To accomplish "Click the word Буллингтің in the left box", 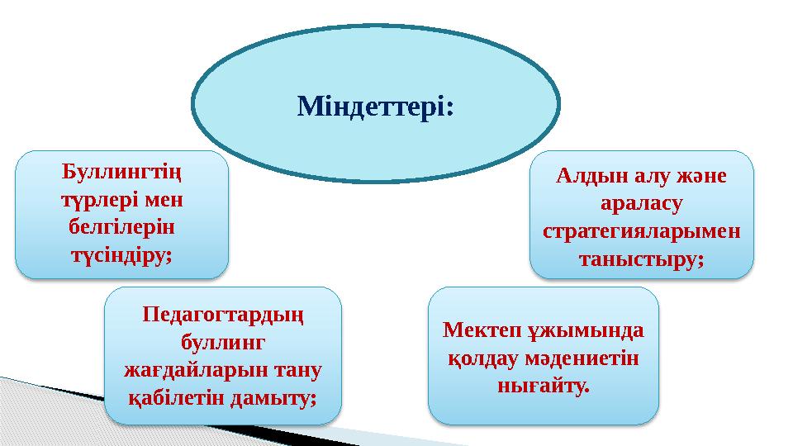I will (122, 173).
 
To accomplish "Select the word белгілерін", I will (122, 227).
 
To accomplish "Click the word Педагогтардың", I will (222, 314).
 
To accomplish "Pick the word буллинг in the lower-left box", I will (222, 341).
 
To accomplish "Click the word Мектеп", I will (481, 330).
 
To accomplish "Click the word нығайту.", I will (543, 386).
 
